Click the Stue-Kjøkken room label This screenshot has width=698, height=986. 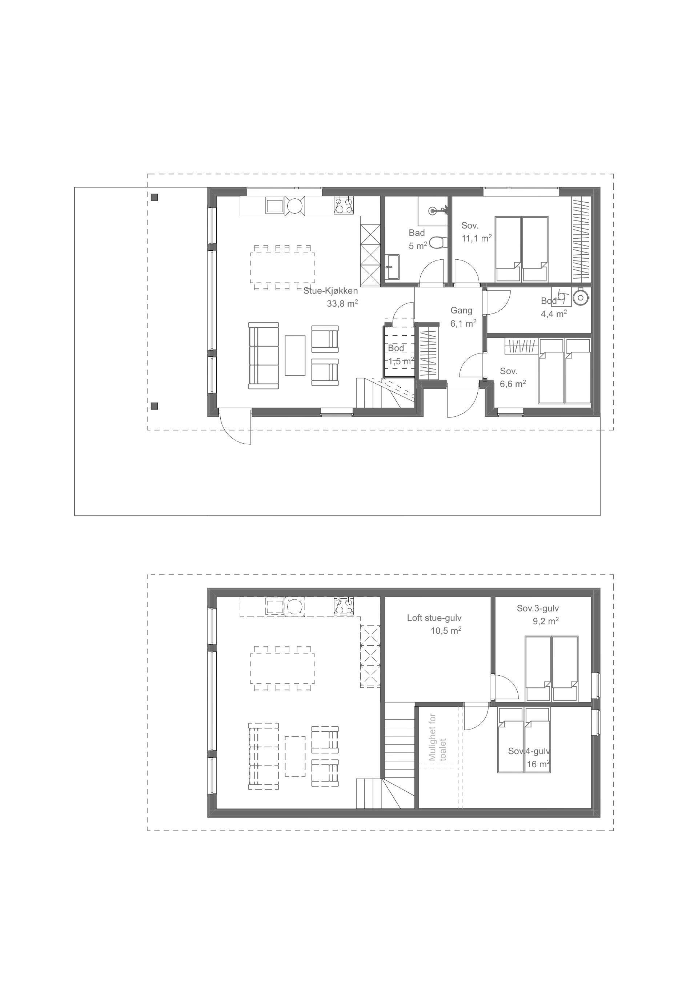pyautogui.click(x=330, y=291)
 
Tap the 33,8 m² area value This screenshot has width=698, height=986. pyautogui.click(x=342, y=304)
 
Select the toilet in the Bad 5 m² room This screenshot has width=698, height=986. pyautogui.click(x=436, y=243)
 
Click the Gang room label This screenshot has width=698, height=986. pyautogui.click(x=461, y=311)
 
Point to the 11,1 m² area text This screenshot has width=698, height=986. pyautogui.click(x=477, y=238)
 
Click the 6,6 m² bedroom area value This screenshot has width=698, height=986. pyautogui.click(x=513, y=384)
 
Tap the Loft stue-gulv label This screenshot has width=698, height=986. pyautogui.click(x=434, y=618)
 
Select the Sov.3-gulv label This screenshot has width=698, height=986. pyautogui.click(x=538, y=608)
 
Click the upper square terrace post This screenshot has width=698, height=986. pyautogui.click(x=155, y=198)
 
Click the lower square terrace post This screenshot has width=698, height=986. pyautogui.click(x=155, y=406)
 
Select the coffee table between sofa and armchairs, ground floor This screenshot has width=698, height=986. pyautogui.click(x=295, y=356)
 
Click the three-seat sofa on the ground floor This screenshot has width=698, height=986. pyautogui.click(x=264, y=356)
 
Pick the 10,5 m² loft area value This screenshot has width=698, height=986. pyautogui.click(x=446, y=631)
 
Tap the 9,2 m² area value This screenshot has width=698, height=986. pyautogui.click(x=546, y=621)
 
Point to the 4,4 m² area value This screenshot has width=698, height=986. pyautogui.click(x=554, y=314)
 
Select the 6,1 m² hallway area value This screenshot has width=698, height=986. pyautogui.click(x=463, y=323)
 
